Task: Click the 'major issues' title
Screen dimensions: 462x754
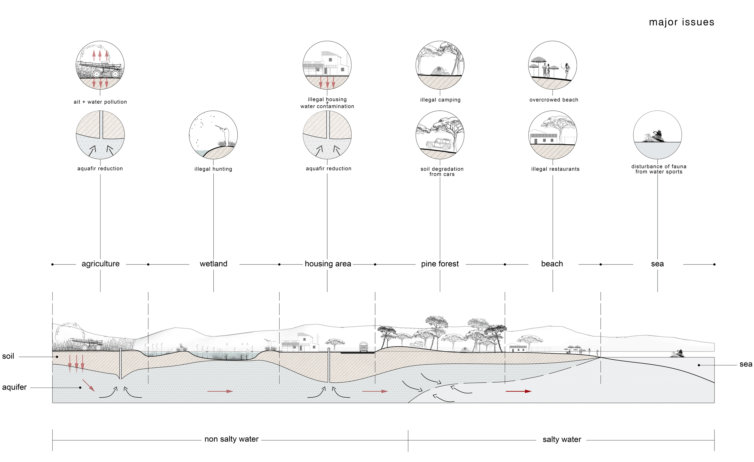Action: coord(681,22)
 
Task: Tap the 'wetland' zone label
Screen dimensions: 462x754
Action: coord(213,264)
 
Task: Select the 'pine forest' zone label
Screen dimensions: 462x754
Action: coord(440,264)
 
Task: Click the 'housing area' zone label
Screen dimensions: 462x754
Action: coord(328,264)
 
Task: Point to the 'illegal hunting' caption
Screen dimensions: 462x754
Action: coord(213,169)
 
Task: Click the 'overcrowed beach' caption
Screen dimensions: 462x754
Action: coord(554,100)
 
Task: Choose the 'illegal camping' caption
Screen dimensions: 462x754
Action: coord(440,100)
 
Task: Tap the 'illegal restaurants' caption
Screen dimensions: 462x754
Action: coord(555,169)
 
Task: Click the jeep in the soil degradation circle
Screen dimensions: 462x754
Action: coord(439,144)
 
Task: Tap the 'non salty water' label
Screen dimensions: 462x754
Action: coord(231,439)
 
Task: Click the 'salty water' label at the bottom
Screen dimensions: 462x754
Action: coord(562,439)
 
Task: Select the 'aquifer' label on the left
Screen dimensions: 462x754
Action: coord(14,387)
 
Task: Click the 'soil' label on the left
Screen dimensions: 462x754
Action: coord(8,356)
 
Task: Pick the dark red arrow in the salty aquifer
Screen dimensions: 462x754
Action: coord(518,391)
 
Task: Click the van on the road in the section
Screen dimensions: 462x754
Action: coord(363,347)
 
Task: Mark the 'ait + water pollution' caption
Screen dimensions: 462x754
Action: coord(100,102)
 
